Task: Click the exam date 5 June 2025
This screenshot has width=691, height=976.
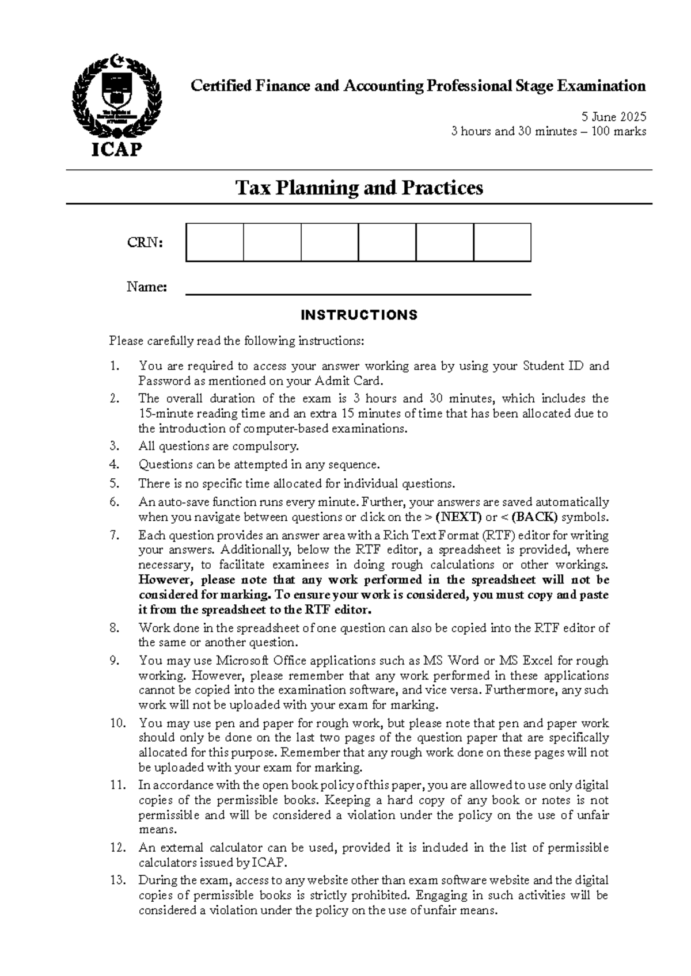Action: coord(613,116)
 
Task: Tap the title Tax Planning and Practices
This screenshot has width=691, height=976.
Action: coord(359,188)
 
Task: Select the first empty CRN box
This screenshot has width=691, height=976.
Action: coord(214,242)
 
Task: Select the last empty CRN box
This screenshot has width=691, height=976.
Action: coord(502,242)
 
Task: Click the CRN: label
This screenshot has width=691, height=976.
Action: coord(145,243)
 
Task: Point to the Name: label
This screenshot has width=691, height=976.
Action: coord(146,287)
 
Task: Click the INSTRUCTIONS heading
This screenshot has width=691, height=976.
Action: coord(359,315)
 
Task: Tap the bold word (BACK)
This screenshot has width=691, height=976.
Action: coord(535,517)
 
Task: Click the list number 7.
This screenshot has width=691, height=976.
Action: coord(114,535)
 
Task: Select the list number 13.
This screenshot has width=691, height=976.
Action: coord(117,880)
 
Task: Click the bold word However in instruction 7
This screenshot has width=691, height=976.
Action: coord(167,579)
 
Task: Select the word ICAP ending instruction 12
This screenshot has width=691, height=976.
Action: coord(268,863)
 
